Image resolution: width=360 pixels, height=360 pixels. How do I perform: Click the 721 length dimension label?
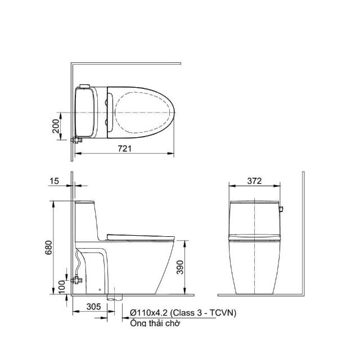tap(125, 148)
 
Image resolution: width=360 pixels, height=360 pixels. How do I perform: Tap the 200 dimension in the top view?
tap(56, 126)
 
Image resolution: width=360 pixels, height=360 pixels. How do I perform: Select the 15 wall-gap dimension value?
tap(55, 181)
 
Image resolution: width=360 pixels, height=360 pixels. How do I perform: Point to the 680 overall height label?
tap(49, 247)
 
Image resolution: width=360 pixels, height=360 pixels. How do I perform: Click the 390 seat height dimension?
tap(180, 267)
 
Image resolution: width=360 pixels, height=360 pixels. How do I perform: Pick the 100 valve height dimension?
tap(61, 287)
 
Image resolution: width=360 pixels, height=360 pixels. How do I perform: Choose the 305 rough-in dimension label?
tap(94, 307)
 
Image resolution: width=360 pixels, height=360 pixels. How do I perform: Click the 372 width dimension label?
tap(254, 181)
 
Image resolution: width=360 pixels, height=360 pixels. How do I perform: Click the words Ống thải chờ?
tap(155, 323)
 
